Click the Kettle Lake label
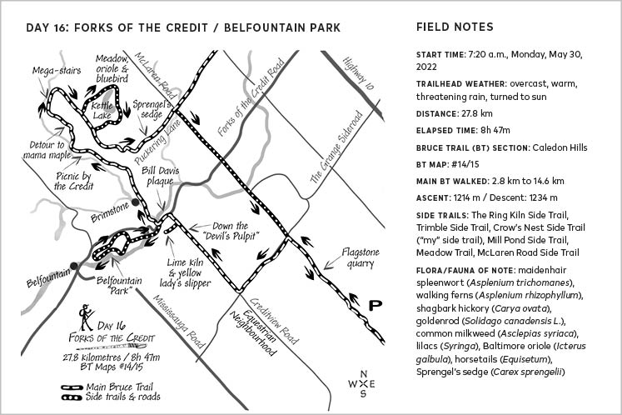pos(102,110)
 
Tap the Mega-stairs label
pos(57,71)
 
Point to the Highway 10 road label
pos(358,73)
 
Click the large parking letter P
pos(375,305)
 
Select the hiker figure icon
pos(86,317)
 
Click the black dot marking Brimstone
pos(135,202)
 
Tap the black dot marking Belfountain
pos(74,266)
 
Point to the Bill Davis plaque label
pos(160,176)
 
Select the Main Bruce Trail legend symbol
pos(72,387)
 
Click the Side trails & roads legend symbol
pos(72,397)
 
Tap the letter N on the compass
pos(363,374)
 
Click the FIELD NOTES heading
pos(455,27)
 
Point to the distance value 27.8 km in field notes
pos(477,113)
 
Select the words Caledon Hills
pos(560,147)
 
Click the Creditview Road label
pos(274,321)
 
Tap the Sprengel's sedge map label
pos(152,110)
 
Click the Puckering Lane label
pos(157,142)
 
